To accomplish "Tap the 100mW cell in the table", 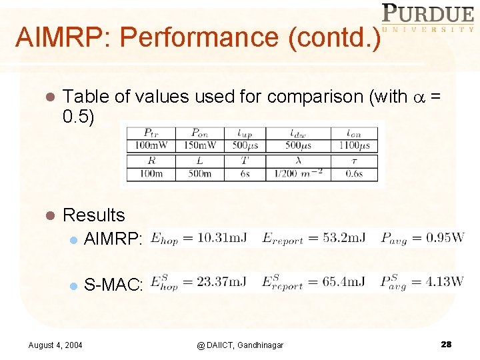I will pos(151,145).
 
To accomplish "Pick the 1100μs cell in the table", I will pos(354,145).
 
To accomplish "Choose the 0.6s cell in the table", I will pos(354,174).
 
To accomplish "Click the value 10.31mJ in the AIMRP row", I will pos(217,238).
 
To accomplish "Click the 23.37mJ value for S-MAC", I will pos(217,283).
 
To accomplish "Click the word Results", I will pos(93,215).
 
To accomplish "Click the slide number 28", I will pos(446,344).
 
